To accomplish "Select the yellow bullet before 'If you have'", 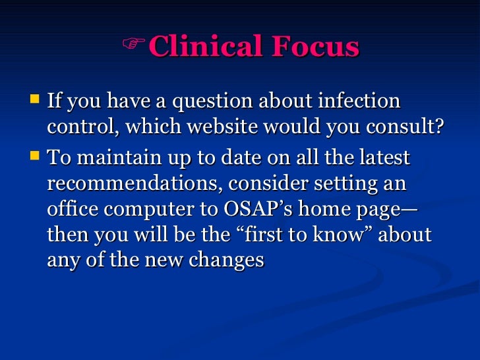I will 35,101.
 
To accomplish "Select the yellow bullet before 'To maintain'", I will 35,158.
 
